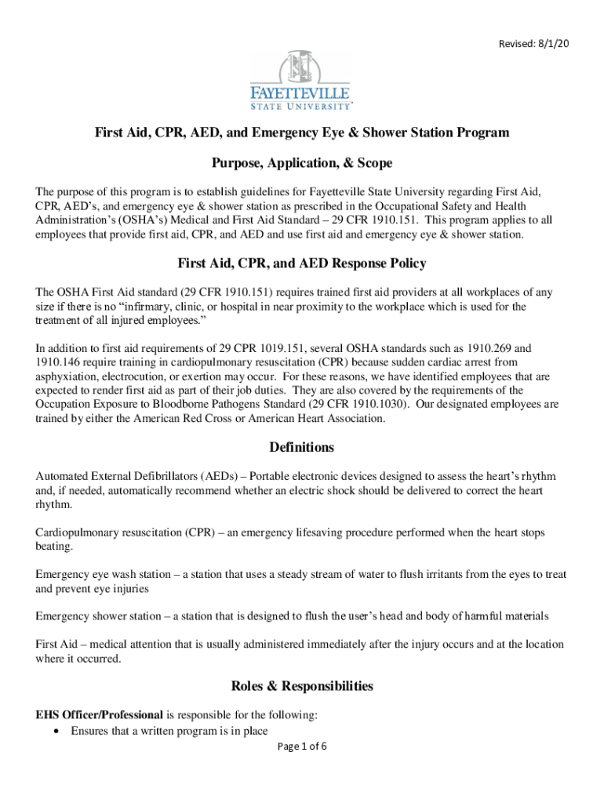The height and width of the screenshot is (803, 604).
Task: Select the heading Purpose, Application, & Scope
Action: pos(302,163)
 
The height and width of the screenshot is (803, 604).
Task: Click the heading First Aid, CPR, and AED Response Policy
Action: pos(302,263)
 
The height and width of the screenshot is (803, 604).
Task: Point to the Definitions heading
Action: pos(302,448)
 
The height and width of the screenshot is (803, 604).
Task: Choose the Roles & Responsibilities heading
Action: pos(302,686)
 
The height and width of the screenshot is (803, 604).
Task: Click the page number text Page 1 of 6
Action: pos(302,747)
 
